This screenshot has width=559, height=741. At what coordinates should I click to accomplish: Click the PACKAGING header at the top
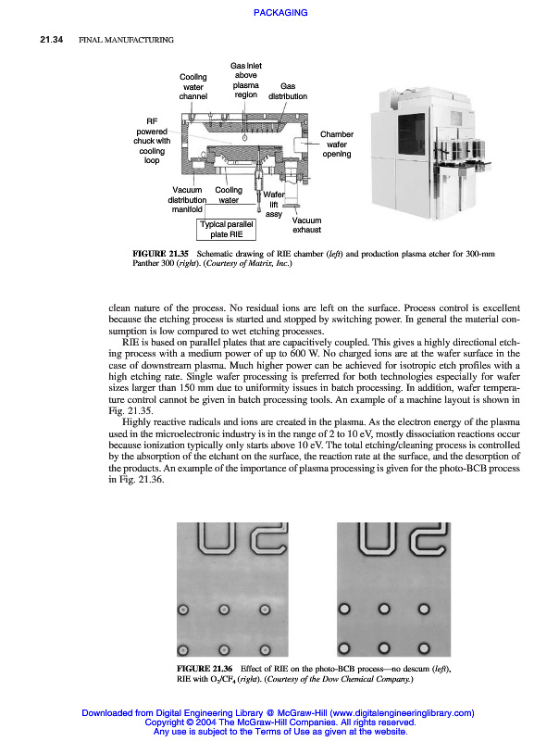coord(279,12)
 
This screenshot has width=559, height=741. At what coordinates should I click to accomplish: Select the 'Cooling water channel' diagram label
coord(193,86)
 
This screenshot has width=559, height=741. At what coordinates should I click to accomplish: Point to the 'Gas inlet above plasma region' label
coord(245,80)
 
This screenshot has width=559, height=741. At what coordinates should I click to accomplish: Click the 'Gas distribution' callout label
coord(288,91)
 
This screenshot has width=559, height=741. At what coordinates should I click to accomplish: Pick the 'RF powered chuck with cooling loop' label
coord(152,140)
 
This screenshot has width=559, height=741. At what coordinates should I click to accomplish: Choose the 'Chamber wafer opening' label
coord(337,144)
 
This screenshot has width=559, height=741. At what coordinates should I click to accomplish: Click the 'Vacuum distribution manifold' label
coord(187,199)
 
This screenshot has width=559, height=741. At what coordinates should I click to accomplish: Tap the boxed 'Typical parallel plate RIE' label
coord(227,229)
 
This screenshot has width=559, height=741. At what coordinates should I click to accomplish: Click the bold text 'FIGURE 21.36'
coord(205,668)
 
